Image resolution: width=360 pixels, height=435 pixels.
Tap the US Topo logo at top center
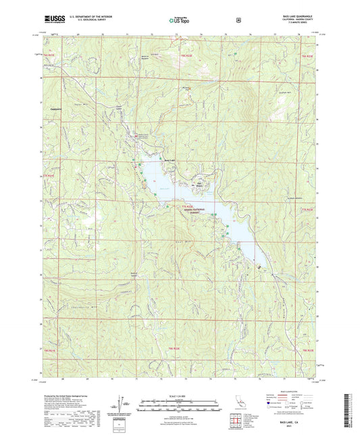click(x=179, y=20)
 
